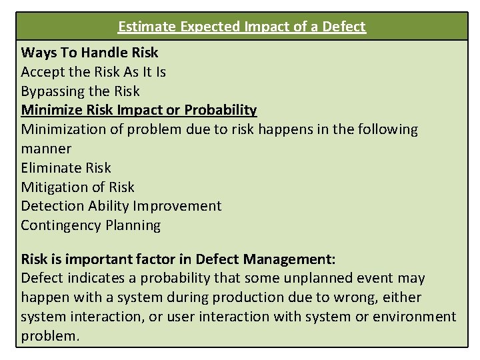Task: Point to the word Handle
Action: coord(103,52)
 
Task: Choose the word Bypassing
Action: coord(52,91)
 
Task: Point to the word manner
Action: coord(46,148)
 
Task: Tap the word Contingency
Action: coord(61,225)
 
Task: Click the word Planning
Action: coord(133,225)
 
